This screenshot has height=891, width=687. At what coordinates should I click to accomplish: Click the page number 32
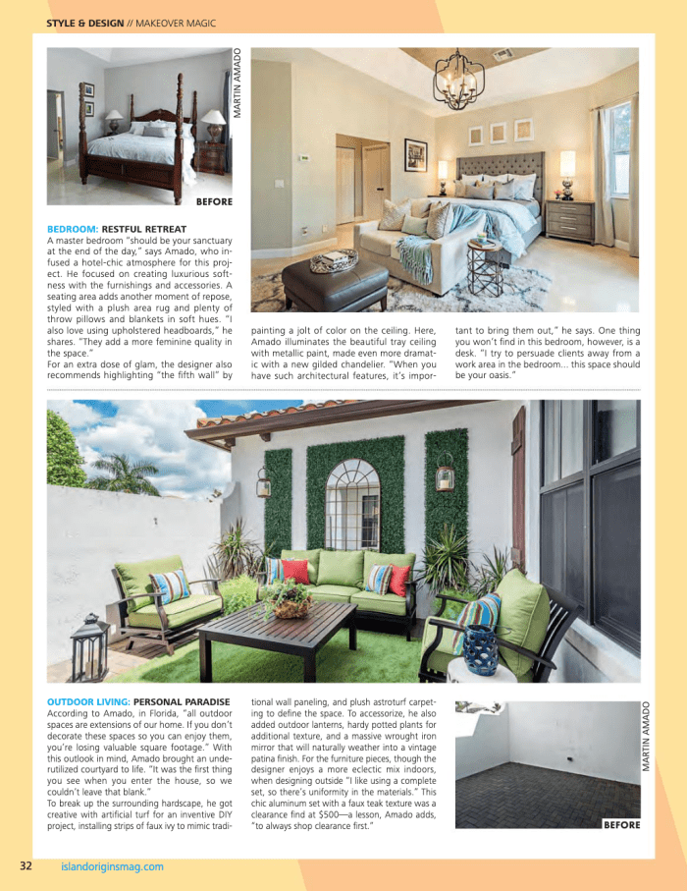(26, 865)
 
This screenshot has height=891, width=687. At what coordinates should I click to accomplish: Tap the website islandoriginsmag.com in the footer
(112, 866)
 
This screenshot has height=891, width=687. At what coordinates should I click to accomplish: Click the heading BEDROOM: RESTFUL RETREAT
(117, 229)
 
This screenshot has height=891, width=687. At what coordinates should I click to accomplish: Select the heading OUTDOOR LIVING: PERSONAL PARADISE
(137, 701)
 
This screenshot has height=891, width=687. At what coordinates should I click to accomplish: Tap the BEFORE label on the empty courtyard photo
(621, 825)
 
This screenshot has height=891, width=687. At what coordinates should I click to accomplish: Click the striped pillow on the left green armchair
(170, 585)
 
